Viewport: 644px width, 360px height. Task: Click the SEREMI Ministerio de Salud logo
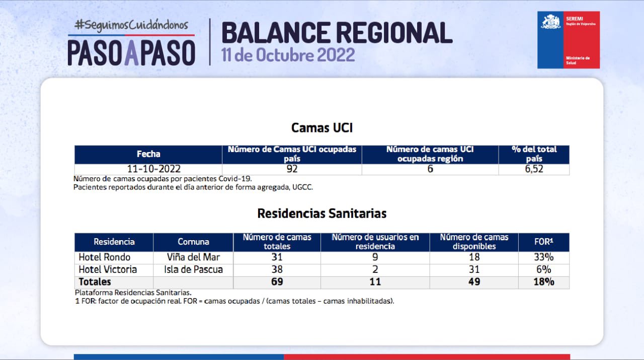pos(569,40)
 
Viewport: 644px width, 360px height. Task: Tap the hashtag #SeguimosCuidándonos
pos(131,25)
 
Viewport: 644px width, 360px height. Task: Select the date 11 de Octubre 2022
pos(288,55)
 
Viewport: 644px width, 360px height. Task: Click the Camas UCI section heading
pos(321,128)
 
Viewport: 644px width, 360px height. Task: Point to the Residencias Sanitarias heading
pos(321,213)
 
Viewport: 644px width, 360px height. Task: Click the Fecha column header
pos(148,154)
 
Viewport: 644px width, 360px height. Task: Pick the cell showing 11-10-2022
pos(154,169)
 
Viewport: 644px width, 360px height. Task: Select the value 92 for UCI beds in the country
pos(292,169)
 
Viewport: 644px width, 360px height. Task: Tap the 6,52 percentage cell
pos(534,169)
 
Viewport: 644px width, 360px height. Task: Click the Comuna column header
pos(193,242)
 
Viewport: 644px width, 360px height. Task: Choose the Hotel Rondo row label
pos(104,257)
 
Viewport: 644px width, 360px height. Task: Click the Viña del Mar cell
pos(193,257)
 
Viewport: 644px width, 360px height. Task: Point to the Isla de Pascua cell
pos(193,270)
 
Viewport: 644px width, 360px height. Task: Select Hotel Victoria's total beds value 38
pos(277,270)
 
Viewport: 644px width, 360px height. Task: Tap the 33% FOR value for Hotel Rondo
pos(544,257)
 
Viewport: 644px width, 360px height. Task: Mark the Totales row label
pos(95,282)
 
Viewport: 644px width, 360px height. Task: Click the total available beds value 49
pos(474,282)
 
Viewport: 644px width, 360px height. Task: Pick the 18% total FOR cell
pos(544,282)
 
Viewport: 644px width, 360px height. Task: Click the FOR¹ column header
pos(544,242)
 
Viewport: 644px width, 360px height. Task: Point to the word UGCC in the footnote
pos(302,187)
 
